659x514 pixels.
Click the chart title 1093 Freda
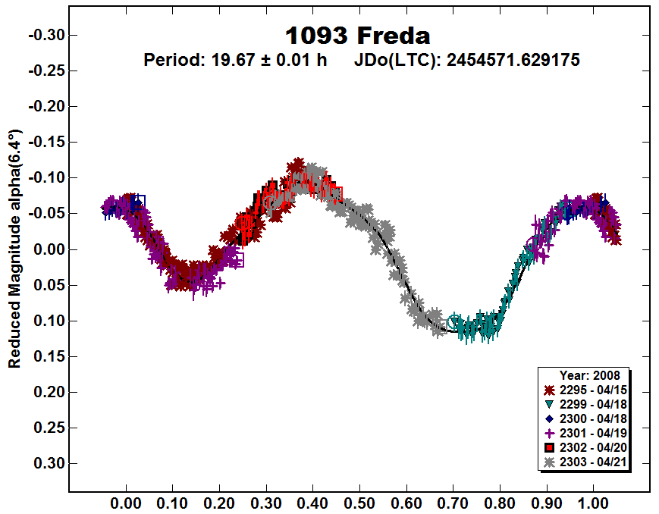pyautogui.click(x=357, y=36)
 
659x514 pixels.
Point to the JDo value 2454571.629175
pyautogui.click(x=513, y=60)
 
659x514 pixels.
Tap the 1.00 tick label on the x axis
pyautogui.click(x=593, y=502)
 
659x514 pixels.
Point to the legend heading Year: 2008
pyautogui.click(x=589, y=375)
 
